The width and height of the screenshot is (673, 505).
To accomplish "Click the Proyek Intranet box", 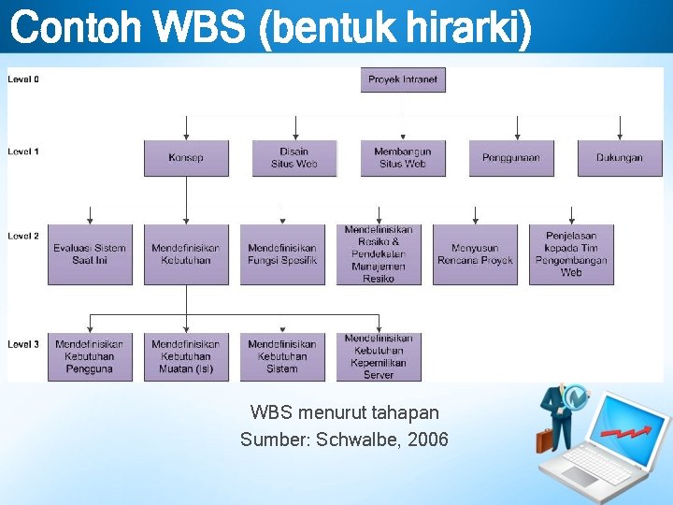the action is (x=403, y=79).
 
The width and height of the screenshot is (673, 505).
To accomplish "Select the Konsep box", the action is (x=186, y=158).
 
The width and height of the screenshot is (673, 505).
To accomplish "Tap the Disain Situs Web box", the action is (x=294, y=158).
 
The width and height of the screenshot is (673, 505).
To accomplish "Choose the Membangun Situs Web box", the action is (x=403, y=158).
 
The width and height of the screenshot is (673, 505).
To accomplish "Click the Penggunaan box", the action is (x=511, y=158).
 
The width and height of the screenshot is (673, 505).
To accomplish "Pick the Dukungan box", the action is (x=620, y=158).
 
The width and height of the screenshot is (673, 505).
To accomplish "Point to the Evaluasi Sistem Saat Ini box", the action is (x=90, y=254).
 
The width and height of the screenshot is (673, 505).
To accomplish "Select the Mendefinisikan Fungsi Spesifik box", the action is (x=282, y=254).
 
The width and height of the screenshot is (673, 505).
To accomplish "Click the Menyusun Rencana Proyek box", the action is (x=475, y=254).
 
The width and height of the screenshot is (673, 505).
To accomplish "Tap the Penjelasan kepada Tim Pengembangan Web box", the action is (x=571, y=254).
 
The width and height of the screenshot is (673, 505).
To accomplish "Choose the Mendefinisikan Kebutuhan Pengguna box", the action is (x=90, y=356).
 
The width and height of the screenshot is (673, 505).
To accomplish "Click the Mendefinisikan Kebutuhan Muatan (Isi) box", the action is (x=186, y=356).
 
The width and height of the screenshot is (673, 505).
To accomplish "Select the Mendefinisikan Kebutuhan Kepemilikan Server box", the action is (x=379, y=356).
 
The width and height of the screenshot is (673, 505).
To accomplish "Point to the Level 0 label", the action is (x=23, y=79).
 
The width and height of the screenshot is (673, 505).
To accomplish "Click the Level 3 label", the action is (x=23, y=344).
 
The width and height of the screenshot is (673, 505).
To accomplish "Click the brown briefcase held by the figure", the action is (x=544, y=440).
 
